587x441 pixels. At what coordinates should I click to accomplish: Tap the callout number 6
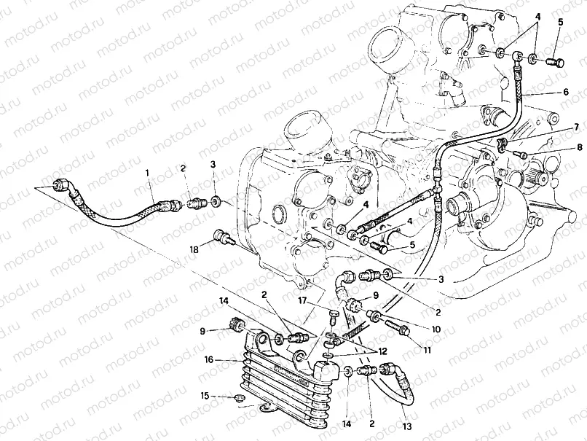pyautogui.click(x=566, y=93)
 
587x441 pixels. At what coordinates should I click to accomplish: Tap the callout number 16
pyautogui.click(x=208, y=359)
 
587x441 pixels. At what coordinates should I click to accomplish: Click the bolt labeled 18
pyautogui.click(x=224, y=238)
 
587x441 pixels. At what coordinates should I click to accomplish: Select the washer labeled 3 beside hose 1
pyautogui.click(x=216, y=200)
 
